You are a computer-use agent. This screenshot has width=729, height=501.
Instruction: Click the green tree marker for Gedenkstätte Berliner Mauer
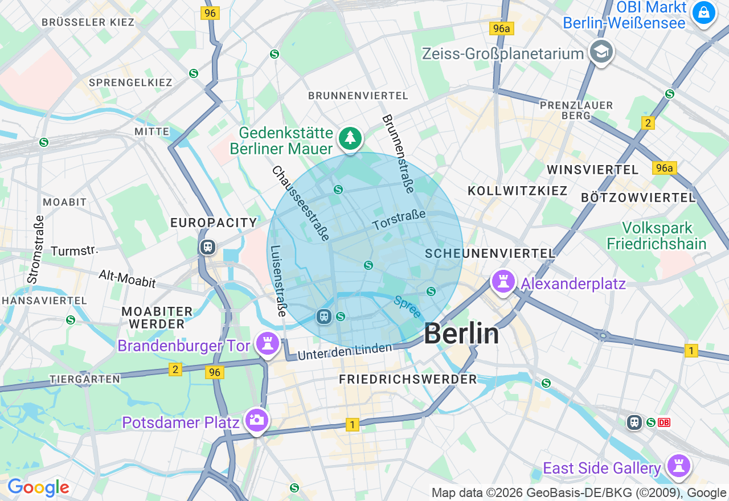(350, 138)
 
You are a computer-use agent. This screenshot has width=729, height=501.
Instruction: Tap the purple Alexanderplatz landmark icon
(503, 282)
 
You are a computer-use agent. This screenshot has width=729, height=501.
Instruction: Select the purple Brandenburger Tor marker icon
(267, 344)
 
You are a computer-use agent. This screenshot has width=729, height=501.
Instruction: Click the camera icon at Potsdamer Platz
(256, 420)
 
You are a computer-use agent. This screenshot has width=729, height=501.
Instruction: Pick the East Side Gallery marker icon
(678, 466)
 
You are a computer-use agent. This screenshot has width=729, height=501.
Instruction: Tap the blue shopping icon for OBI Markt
(703, 12)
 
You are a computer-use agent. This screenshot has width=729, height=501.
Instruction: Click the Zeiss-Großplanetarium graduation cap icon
(601, 52)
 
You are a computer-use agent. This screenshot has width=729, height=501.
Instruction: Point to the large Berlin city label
(461, 334)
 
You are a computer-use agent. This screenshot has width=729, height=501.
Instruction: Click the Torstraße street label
(399, 220)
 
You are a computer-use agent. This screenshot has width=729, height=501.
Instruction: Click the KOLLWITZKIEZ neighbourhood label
(517, 191)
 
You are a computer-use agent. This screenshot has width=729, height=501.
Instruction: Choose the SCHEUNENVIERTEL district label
(490, 253)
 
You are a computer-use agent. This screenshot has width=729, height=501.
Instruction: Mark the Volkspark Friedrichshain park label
(657, 236)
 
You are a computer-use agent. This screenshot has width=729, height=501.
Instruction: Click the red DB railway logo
(664, 422)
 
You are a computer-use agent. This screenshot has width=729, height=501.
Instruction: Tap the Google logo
(38, 488)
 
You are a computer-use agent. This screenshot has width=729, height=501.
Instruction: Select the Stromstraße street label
(35, 249)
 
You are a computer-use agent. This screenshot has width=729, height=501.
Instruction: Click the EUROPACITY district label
(214, 223)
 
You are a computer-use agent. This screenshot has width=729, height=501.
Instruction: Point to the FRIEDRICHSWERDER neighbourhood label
(408, 379)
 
